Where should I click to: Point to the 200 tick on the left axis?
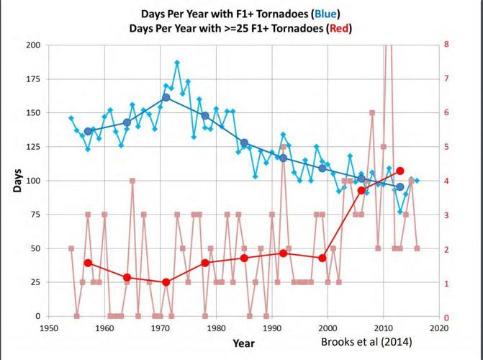point(33,45)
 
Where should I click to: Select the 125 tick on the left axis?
point(33,147)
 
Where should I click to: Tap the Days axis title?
point(17,180)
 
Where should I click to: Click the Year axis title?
point(243,343)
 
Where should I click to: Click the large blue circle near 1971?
point(166,97)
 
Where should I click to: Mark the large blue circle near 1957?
point(88,132)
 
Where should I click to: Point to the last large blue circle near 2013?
point(400,187)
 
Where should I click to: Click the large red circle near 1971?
point(166,282)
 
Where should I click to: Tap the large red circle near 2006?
point(361,190)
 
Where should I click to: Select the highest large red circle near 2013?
point(400,171)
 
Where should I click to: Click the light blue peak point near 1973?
point(177,63)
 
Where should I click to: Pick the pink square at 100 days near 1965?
point(132,181)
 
